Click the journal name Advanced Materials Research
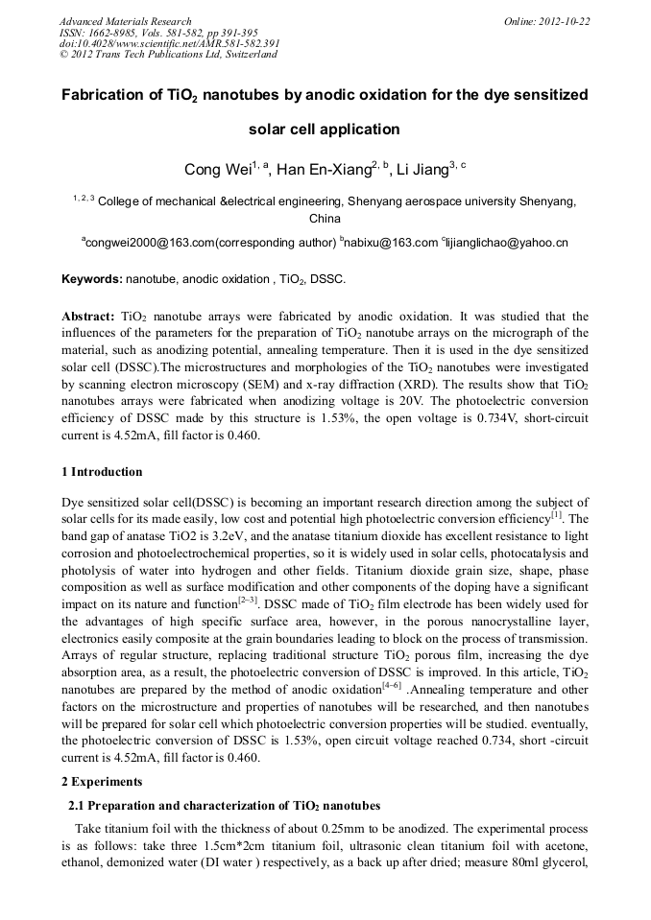tap(125, 21)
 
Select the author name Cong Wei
tap(218, 171)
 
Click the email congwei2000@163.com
tap(149, 244)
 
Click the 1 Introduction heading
tap(102, 472)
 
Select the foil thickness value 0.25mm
tap(325, 827)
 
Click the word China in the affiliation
tap(325, 219)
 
